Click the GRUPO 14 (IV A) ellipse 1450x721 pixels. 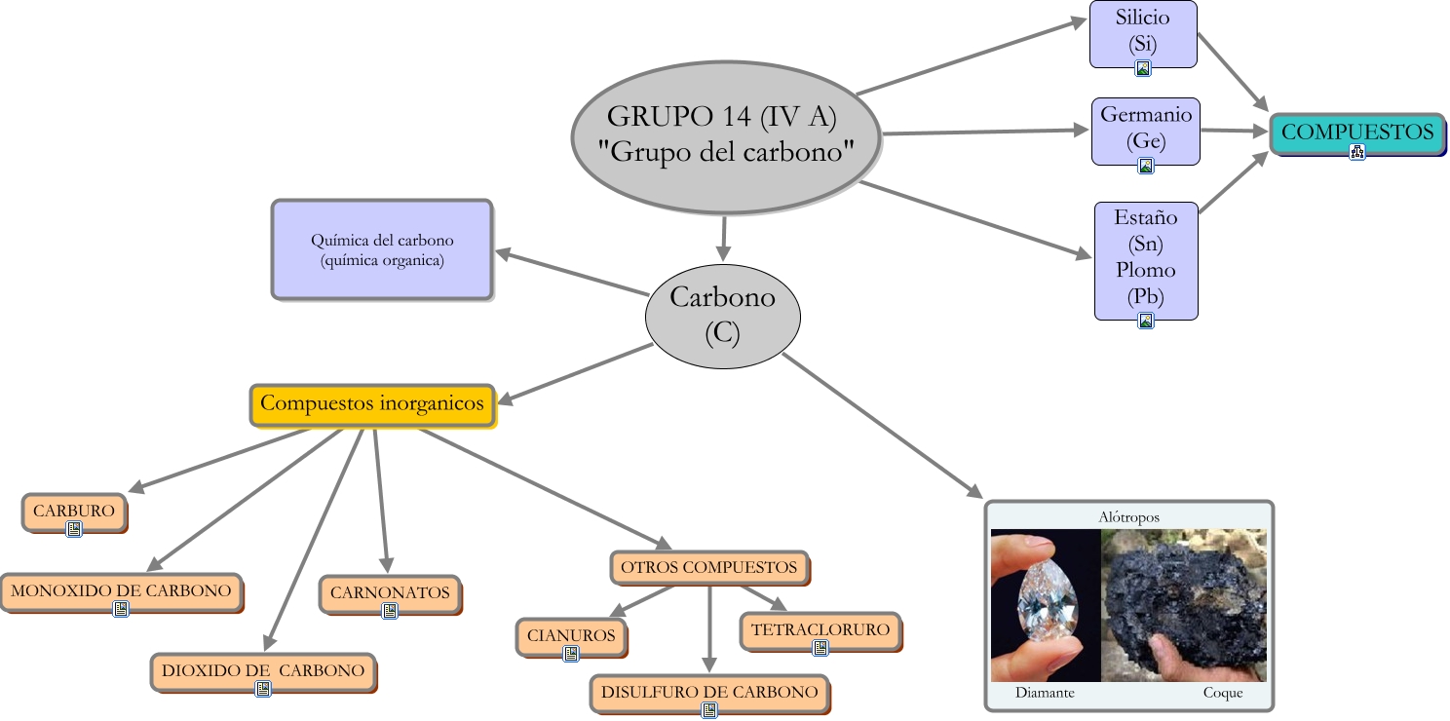point(726,137)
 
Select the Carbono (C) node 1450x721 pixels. point(722,317)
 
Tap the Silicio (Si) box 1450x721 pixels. point(1143,34)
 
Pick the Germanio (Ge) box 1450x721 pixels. point(1146,132)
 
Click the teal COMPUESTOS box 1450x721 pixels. point(1357,133)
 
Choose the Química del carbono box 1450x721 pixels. point(382,249)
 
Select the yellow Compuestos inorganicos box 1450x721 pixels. point(373,405)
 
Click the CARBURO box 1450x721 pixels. point(74,512)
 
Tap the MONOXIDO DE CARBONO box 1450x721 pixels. point(122,592)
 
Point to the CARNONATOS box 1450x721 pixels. point(391,594)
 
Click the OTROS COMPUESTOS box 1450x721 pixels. point(709,568)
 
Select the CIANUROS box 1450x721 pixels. point(572,637)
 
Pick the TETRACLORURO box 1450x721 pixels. point(820,631)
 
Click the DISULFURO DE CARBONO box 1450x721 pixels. point(709,694)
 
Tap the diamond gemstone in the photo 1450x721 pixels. point(1048,600)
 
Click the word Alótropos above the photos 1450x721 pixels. point(1129,517)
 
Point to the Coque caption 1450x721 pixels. point(1223,693)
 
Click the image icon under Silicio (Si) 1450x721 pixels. point(1143,68)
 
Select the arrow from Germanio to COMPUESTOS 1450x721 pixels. point(1235,131)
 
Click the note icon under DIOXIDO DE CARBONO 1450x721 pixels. point(263,689)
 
